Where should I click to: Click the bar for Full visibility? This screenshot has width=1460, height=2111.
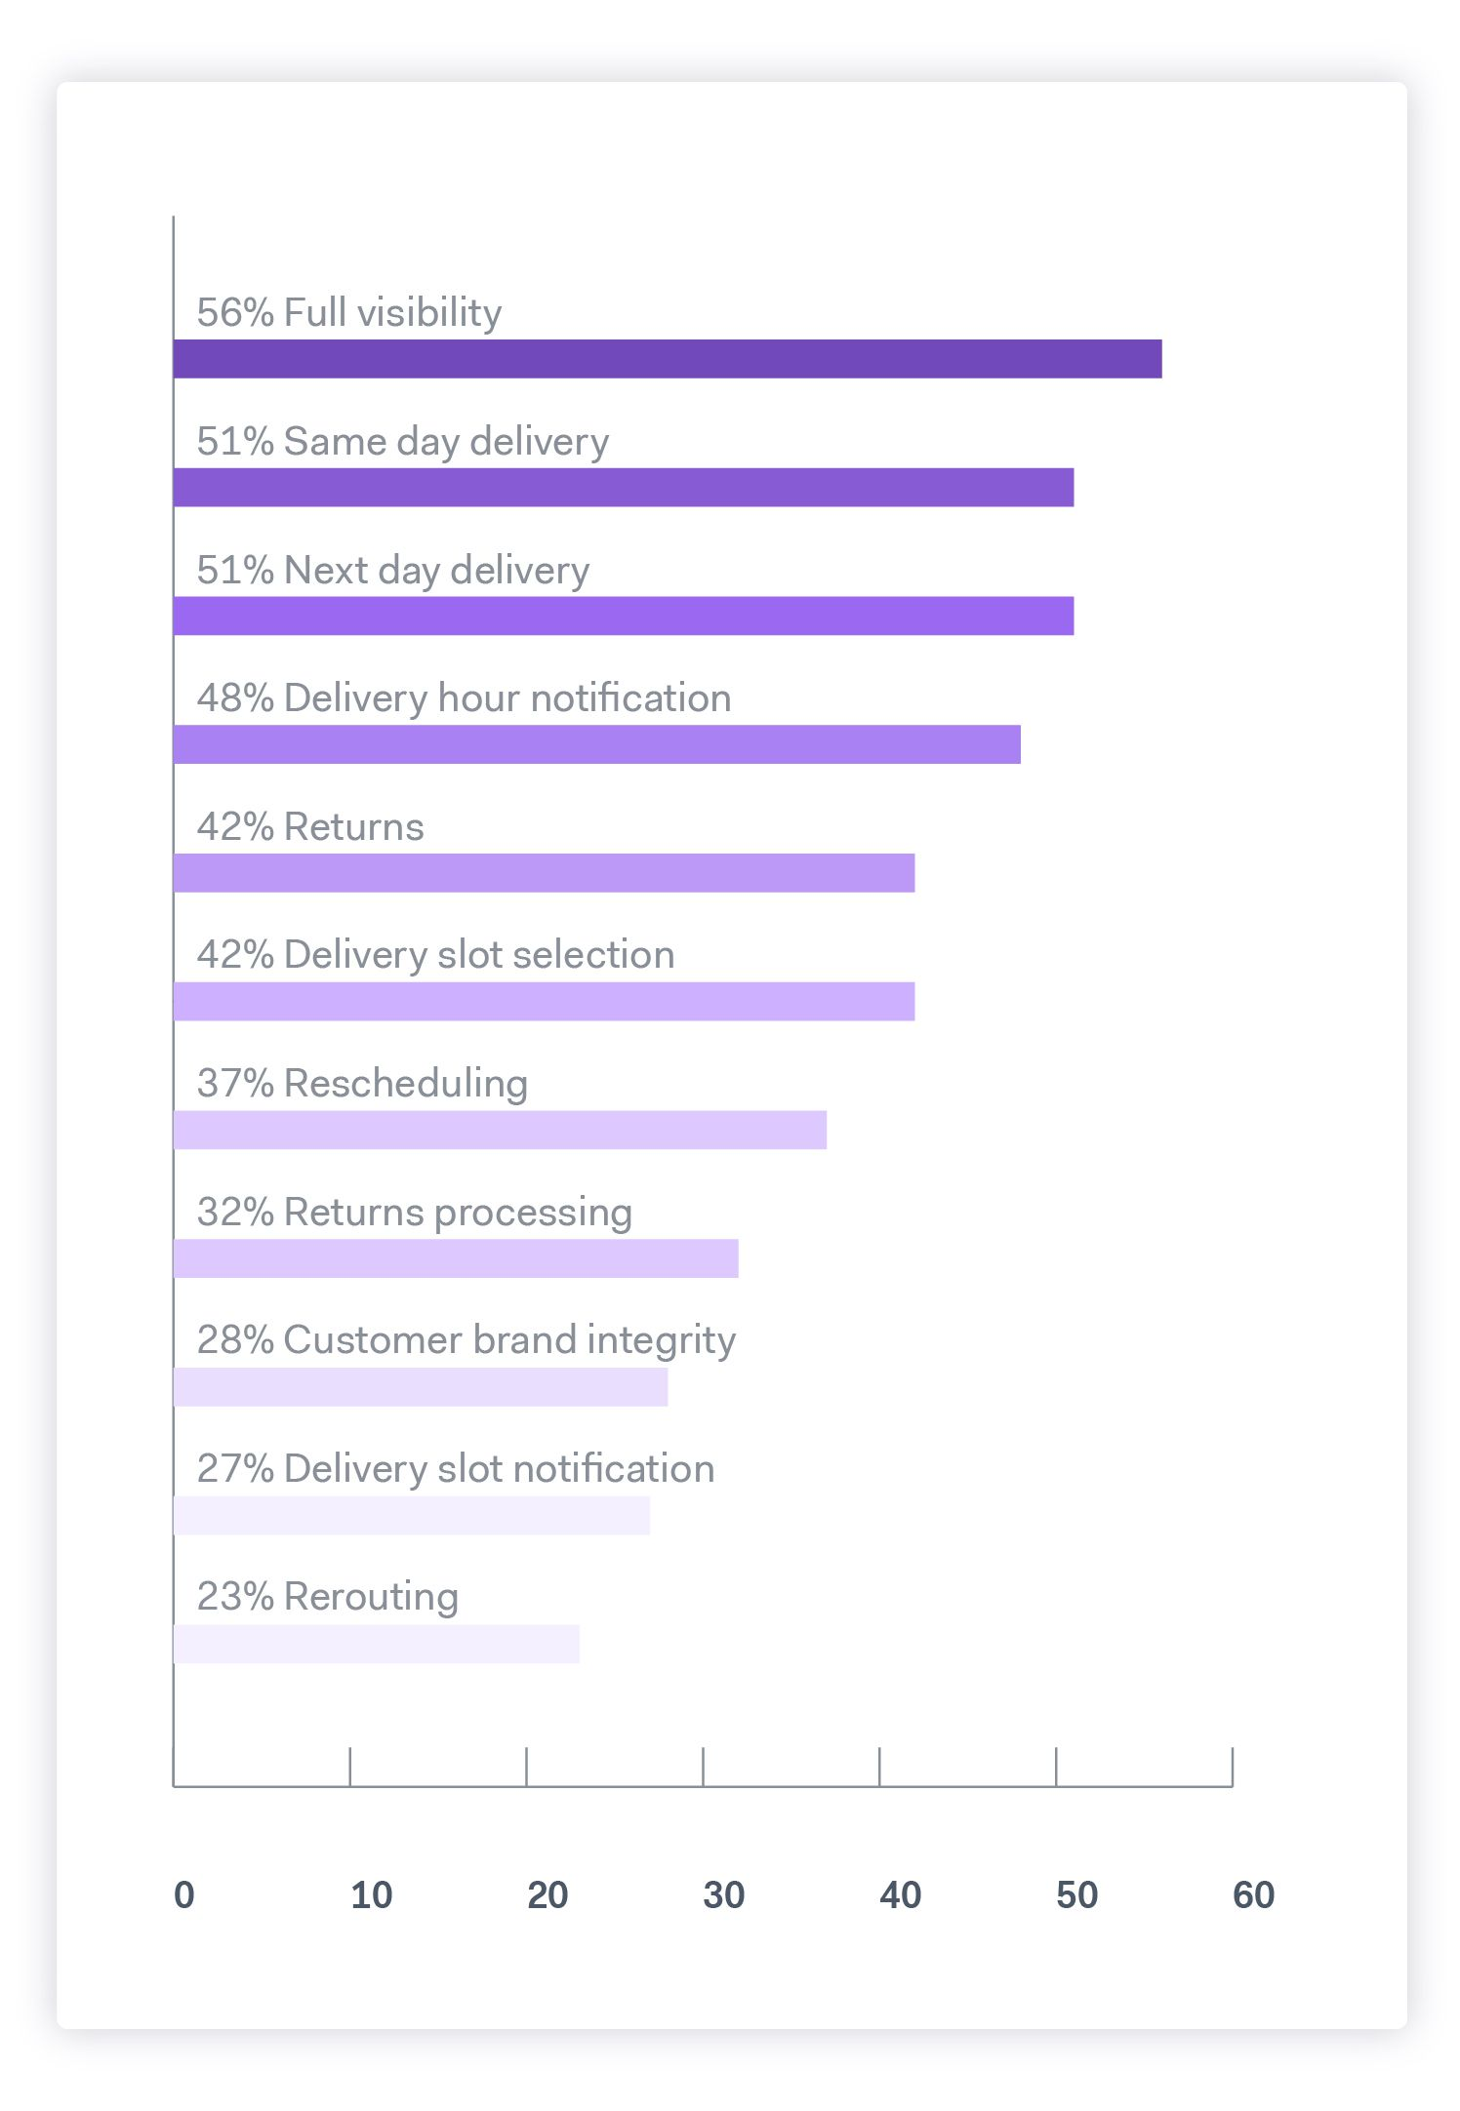[x=668, y=359]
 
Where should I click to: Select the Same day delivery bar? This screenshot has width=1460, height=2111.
[x=624, y=488]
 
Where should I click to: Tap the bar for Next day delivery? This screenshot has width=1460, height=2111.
[x=624, y=617]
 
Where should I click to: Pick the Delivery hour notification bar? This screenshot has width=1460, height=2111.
[x=597, y=744]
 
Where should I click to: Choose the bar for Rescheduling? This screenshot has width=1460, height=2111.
[x=500, y=1130]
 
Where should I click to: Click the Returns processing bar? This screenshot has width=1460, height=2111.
[x=456, y=1258]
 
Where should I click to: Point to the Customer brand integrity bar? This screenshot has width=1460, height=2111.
[x=421, y=1387]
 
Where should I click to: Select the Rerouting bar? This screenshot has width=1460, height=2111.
[x=377, y=1644]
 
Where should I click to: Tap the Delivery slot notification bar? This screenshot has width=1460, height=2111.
[x=412, y=1515]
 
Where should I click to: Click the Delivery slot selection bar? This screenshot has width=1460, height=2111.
[x=544, y=1002]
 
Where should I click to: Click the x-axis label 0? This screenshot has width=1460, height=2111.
[x=184, y=1894]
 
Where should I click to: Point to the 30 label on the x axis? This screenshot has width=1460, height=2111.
[x=723, y=1894]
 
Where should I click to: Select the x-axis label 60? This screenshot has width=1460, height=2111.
[x=1253, y=1894]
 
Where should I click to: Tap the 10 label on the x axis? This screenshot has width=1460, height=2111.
[x=371, y=1894]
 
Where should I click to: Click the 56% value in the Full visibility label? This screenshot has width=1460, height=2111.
[x=235, y=313]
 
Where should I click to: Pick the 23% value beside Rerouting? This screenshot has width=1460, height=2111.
[x=235, y=1597]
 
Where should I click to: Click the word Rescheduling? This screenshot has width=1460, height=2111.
[x=406, y=1084]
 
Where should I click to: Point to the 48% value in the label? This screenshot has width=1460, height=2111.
[x=235, y=698]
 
